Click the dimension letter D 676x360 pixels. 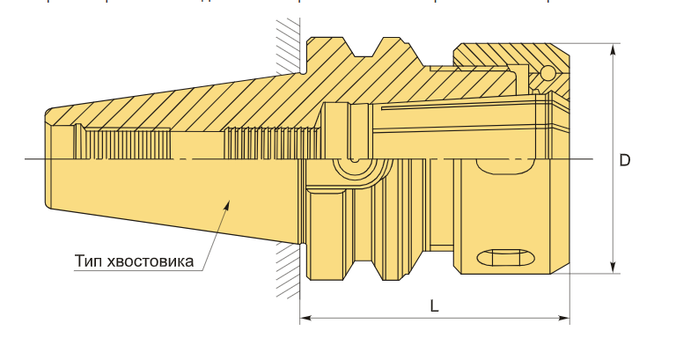click(x=624, y=160)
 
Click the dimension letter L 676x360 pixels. click(x=434, y=306)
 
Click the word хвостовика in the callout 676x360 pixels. click(x=150, y=261)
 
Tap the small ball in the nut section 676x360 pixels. click(x=549, y=72)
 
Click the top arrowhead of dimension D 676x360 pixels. click(x=613, y=50)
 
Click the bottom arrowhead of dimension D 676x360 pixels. click(x=613, y=267)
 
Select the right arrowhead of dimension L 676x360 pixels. click(x=564, y=318)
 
